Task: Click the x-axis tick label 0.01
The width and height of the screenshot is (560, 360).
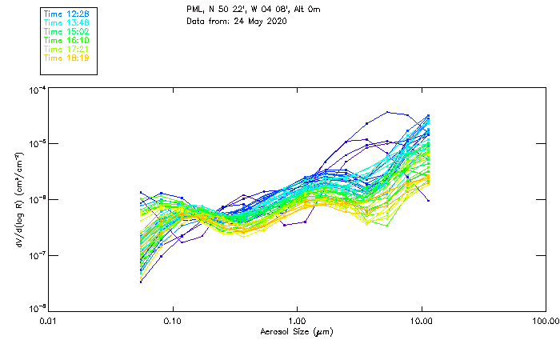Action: point(48,321)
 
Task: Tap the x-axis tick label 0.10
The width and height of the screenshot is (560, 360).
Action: point(173,321)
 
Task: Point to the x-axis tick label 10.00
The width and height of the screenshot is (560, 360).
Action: point(422,321)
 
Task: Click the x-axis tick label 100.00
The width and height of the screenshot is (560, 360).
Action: point(546,321)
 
